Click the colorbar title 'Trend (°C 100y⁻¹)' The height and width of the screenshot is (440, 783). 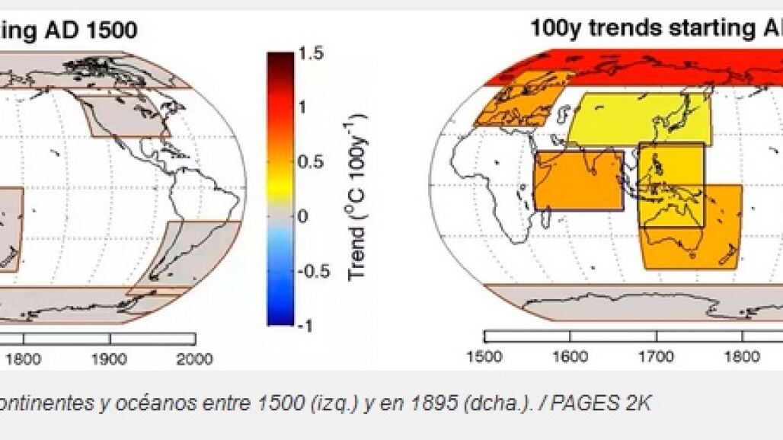[x=356, y=196]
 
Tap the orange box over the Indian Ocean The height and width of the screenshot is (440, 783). [x=579, y=180]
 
